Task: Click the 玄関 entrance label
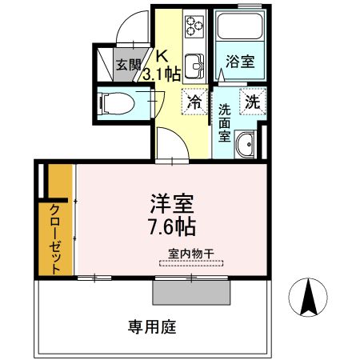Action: pyautogui.click(x=127, y=66)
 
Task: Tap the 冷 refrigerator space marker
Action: pyautogui.click(x=194, y=102)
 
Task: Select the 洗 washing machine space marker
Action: pyautogui.click(x=253, y=102)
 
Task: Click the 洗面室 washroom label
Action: pyautogui.click(x=226, y=121)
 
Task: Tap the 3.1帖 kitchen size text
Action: pyautogui.click(x=160, y=74)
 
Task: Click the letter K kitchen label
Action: pyautogui.click(x=162, y=57)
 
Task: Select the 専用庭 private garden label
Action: pyautogui.click(x=153, y=326)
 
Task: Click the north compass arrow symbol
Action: pyautogui.click(x=306, y=298)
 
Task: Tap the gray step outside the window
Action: pyautogui.click(x=193, y=291)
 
